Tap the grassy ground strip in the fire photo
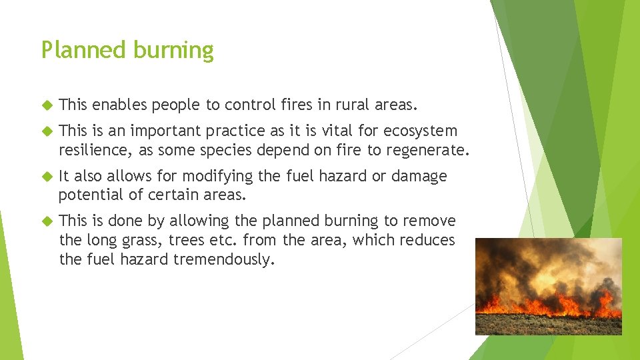(x=547, y=325)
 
